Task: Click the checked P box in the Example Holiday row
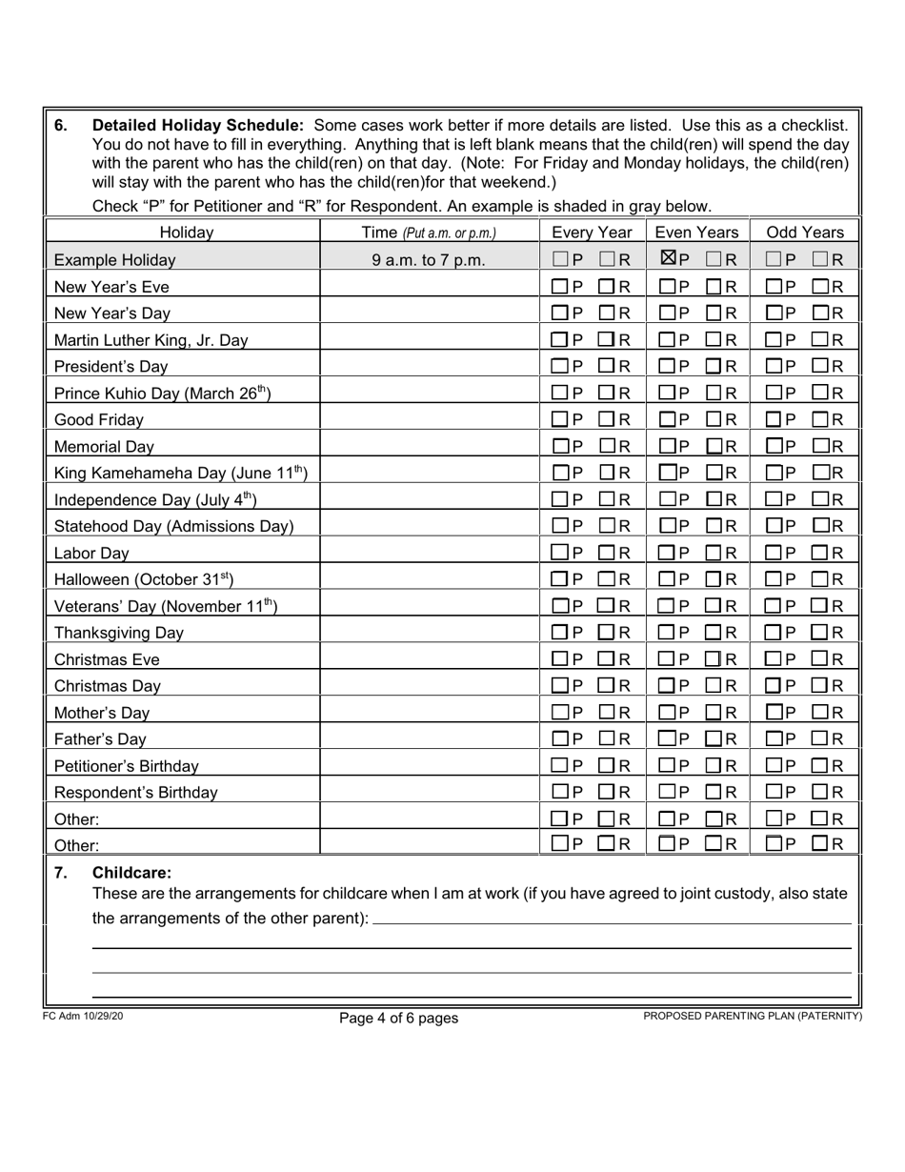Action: point(669,258)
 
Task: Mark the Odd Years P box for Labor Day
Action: point(774,553)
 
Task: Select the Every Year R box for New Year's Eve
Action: point(607,286)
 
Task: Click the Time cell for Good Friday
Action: point(430,419)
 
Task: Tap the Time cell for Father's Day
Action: point(430,738)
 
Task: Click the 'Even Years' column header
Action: point(697,232)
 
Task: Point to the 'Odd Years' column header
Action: point(805,232)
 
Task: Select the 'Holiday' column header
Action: point(186,232)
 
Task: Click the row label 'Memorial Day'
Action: point(104,446)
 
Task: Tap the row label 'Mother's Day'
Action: point(102,713)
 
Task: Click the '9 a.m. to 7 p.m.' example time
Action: point(429,259)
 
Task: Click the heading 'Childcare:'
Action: point(131,872)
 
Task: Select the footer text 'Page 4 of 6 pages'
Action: point(398,1018)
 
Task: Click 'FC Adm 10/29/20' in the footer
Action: point(83,1016)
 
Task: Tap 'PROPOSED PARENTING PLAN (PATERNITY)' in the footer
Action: point(753,1016)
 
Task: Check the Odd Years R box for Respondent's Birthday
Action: point(820,792)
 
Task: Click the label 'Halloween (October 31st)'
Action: point(144,579)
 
